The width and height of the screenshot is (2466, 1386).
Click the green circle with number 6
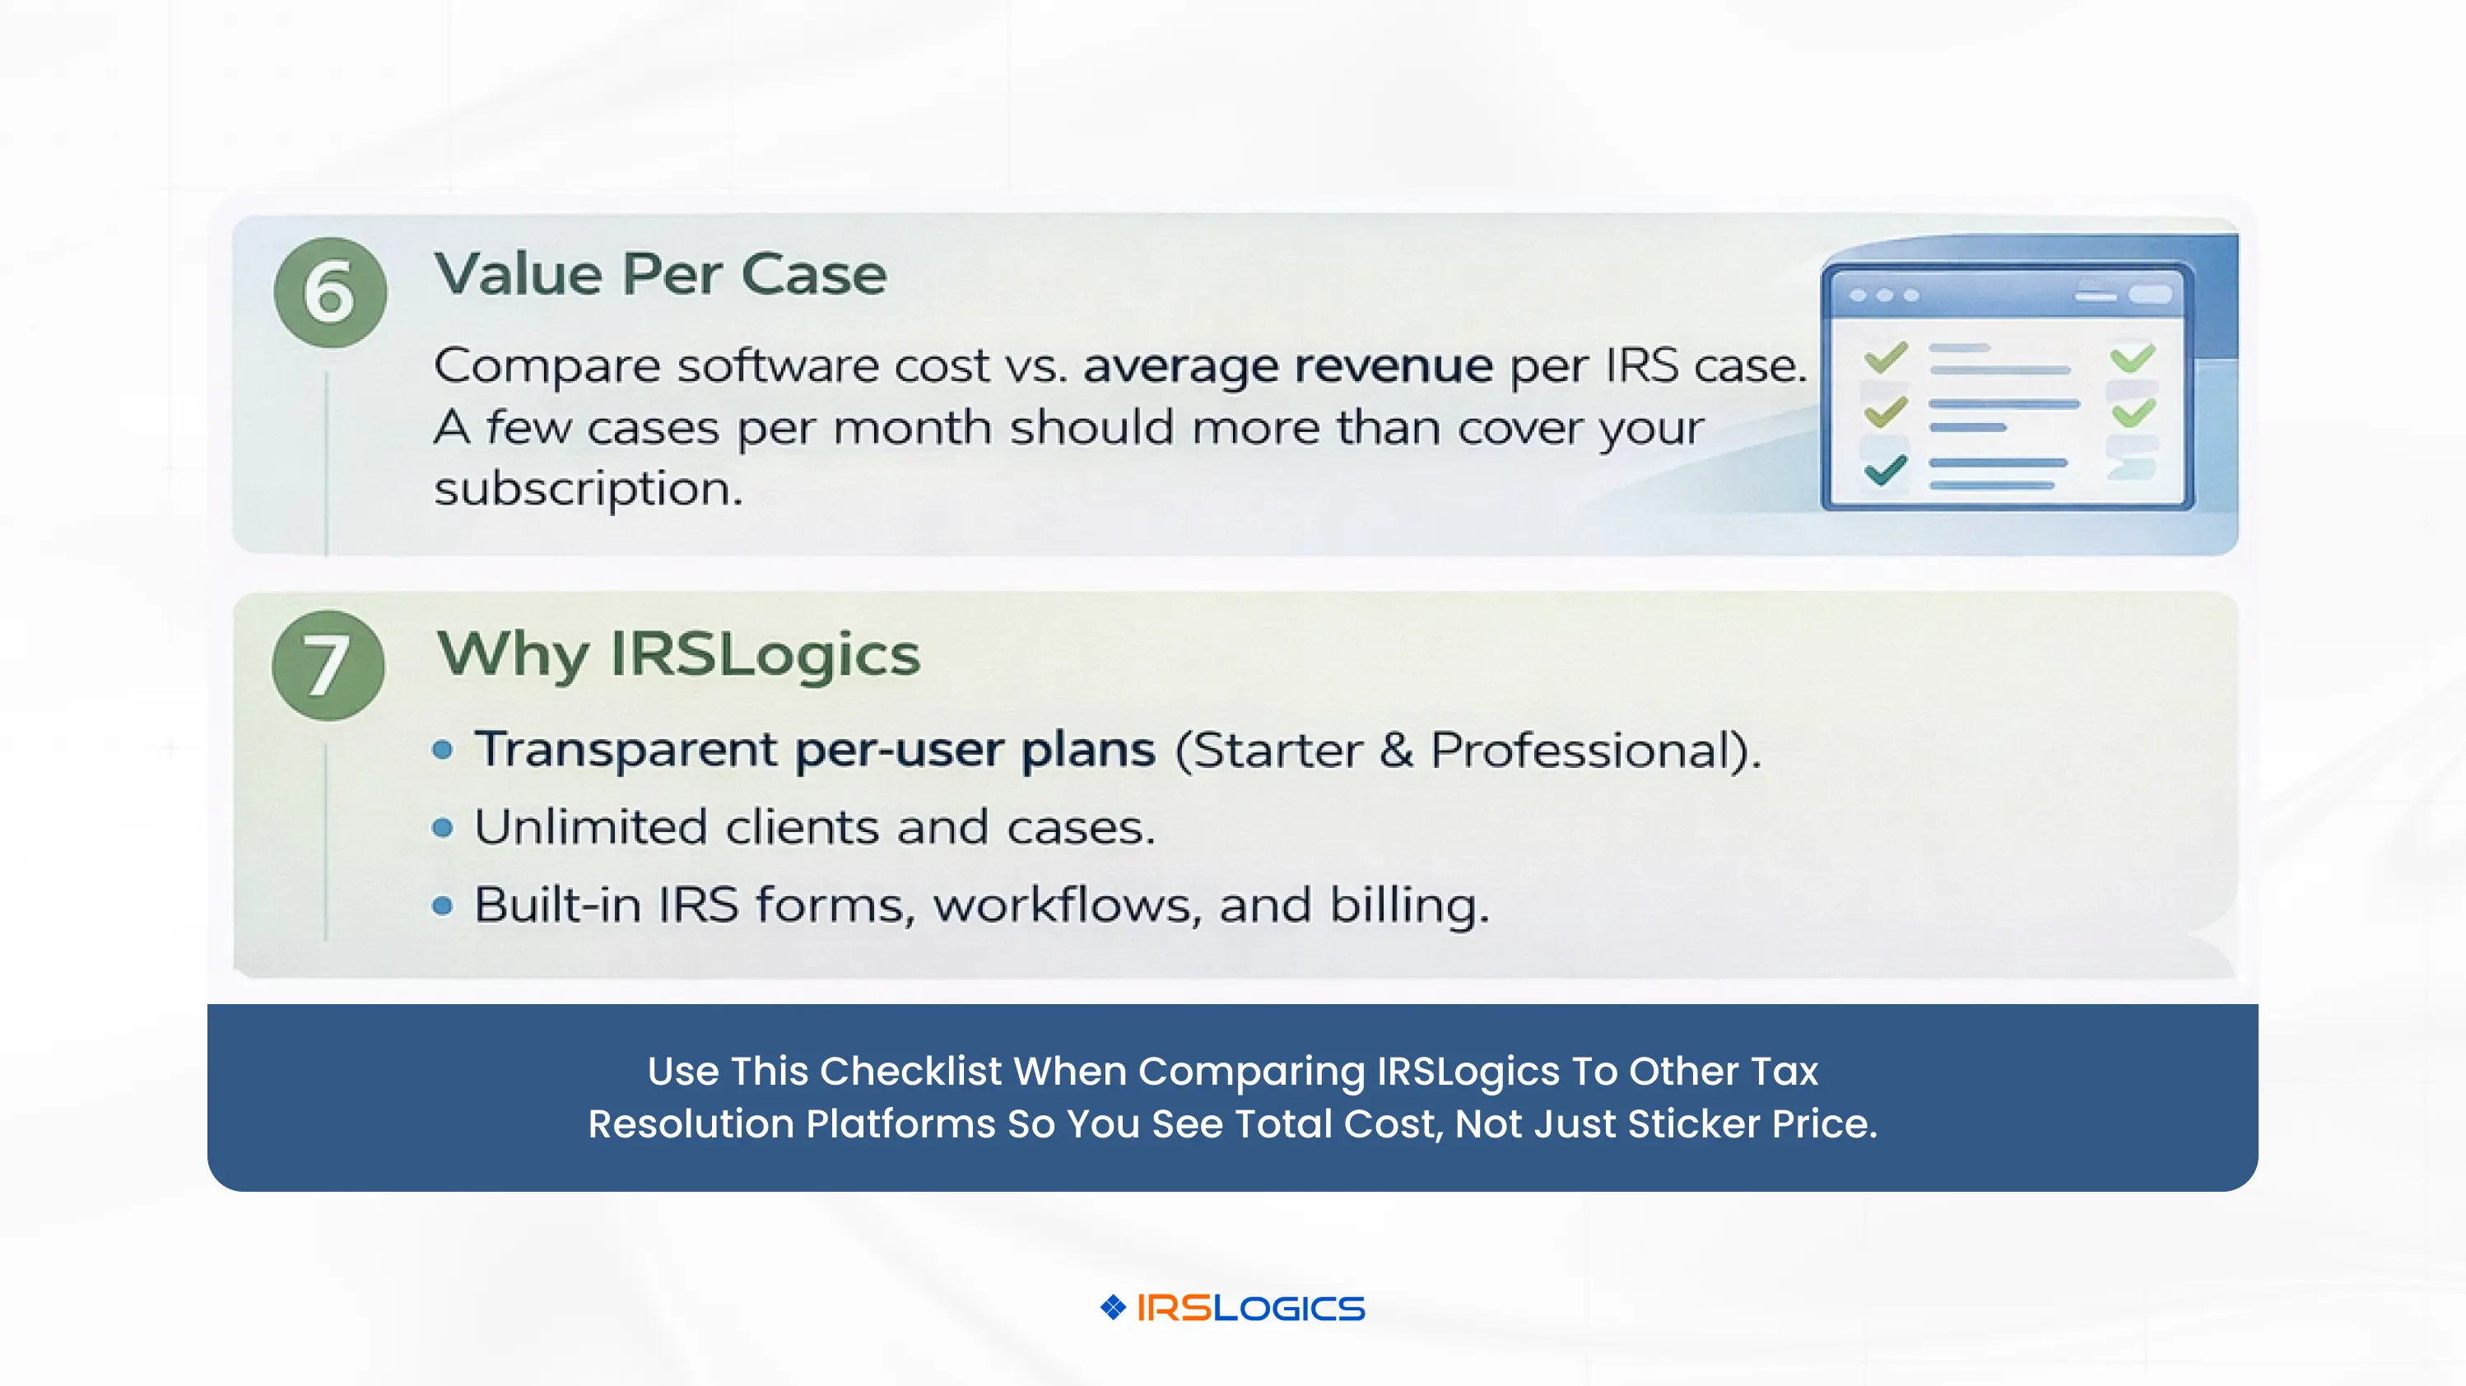330,292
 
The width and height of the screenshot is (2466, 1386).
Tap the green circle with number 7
328,665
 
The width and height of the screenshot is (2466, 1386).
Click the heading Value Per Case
660,275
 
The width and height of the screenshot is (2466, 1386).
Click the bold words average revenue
1287,365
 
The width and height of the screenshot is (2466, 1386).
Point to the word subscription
588,490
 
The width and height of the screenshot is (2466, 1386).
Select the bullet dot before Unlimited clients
442,828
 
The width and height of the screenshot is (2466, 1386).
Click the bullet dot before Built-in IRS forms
442,905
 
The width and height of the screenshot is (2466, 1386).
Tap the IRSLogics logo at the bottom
1233,1308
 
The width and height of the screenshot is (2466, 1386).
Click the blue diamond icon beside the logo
1114,1308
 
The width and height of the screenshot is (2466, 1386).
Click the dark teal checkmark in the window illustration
1886,470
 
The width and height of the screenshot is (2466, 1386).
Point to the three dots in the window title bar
1884,295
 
